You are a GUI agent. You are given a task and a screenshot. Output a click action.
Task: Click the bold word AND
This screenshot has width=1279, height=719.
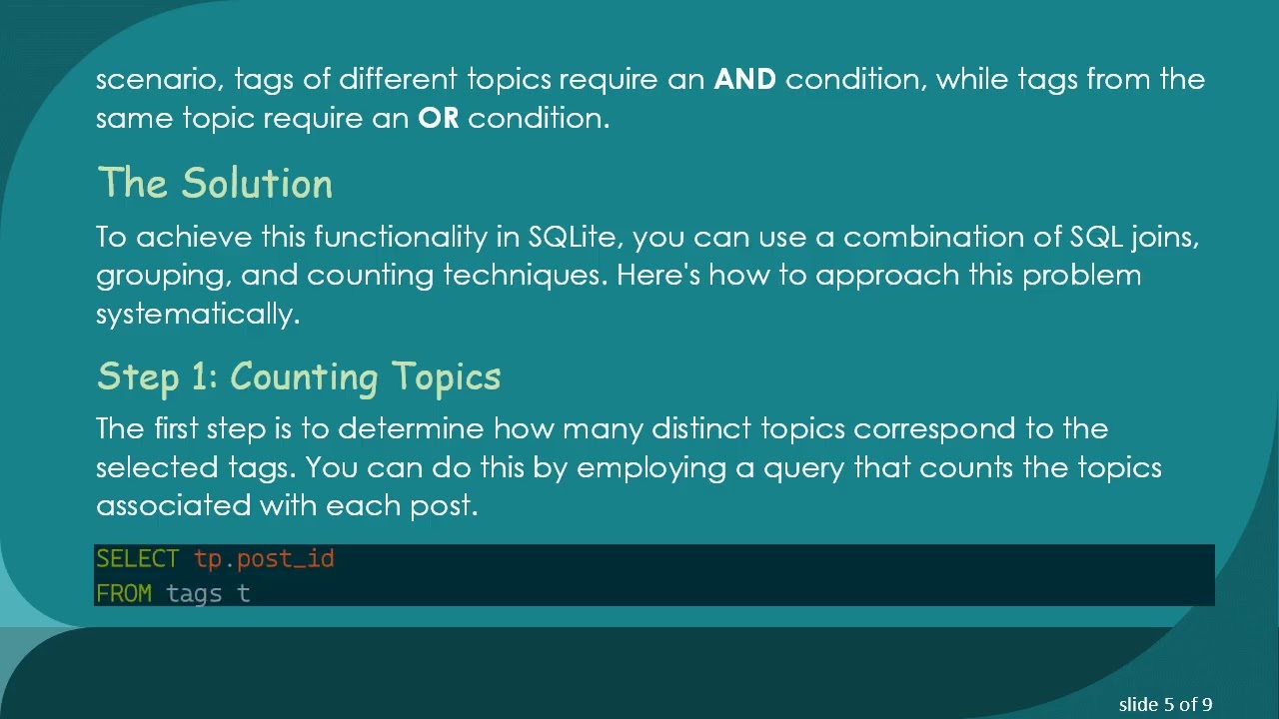[x=744, y=80]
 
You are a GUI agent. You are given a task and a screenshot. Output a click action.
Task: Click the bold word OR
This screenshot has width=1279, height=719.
[x=438, y=119]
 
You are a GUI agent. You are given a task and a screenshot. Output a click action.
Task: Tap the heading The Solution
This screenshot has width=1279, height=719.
[x=215, y=184]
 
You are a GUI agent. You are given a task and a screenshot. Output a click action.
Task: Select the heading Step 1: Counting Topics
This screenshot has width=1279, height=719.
[x=299, y=376]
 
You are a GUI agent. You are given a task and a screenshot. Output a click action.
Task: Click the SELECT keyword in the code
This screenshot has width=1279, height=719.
[x=137, y=559]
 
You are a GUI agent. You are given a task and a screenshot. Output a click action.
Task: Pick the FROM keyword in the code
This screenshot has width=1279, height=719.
[x=124, y=594]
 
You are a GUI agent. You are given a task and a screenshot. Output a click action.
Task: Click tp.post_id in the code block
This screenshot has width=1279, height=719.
[x=264, y=559]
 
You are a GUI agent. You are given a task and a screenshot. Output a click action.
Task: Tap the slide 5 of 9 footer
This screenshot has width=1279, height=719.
[x=1165, y=705]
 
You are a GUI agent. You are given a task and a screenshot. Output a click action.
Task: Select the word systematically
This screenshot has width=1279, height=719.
[x=197, y=315]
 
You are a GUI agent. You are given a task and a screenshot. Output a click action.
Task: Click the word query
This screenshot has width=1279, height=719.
[x=803, y=468]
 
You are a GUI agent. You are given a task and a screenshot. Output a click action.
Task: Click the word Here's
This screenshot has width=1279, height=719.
[x=657, y=276]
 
